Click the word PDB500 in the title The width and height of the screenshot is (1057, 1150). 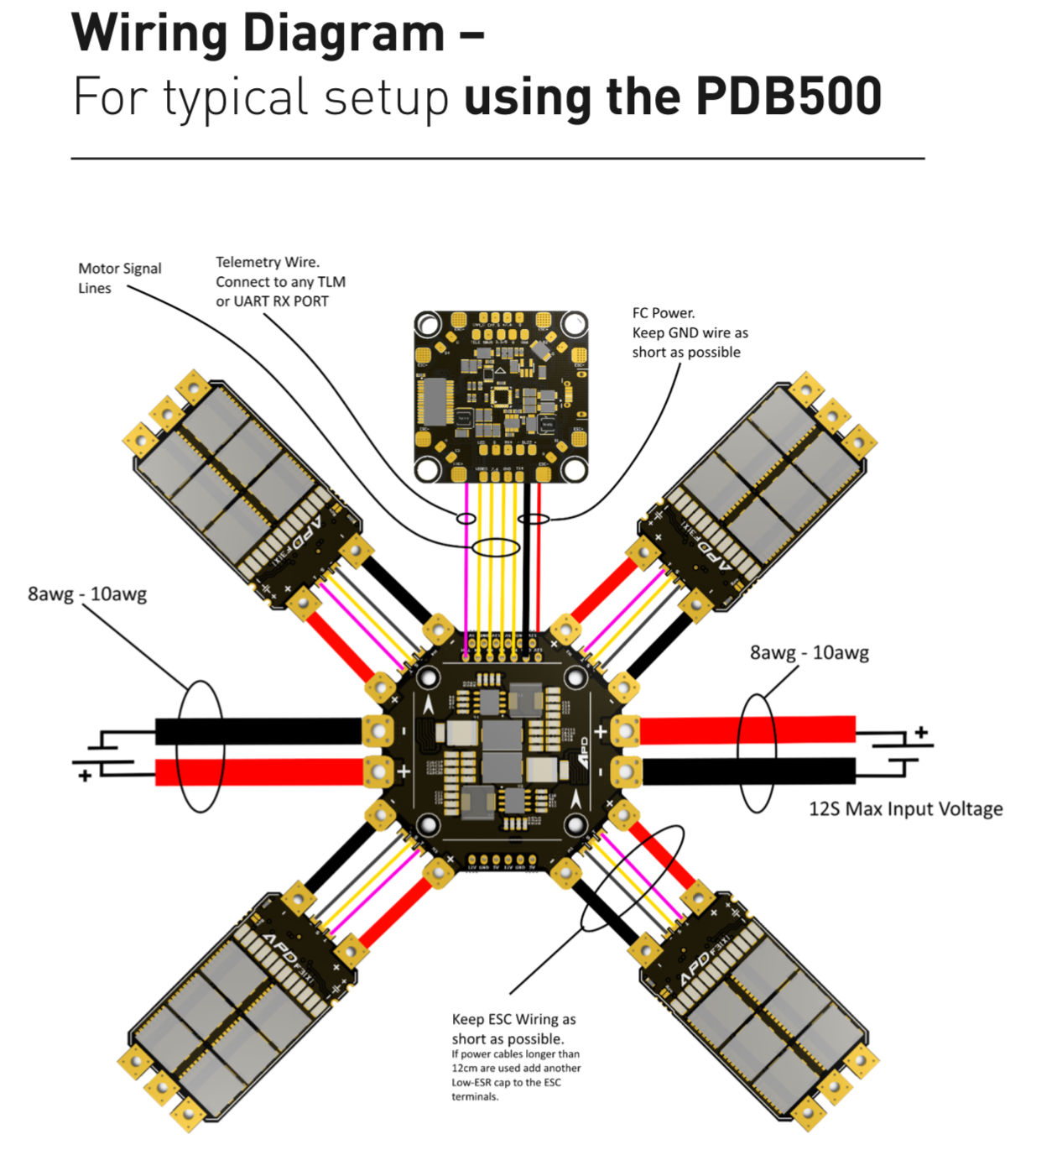point(788,96)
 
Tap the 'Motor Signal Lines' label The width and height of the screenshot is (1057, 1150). point(119,278)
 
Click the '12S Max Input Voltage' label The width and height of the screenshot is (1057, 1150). point(905,808)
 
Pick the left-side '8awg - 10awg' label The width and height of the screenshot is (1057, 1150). point(87,594)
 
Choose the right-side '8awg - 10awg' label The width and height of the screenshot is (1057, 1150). point(809,652)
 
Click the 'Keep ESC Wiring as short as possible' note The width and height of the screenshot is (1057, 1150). point(513,1029)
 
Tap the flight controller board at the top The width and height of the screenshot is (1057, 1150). point(501,396)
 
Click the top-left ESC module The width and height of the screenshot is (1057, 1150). point(243,487)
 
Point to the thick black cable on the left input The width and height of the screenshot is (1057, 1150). point(260,731)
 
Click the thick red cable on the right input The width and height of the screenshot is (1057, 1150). point(747,730)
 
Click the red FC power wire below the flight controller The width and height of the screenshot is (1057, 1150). point(538,571)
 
